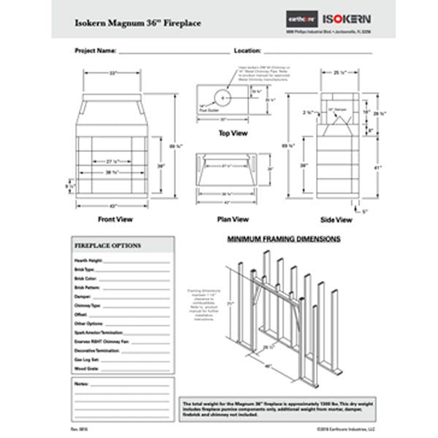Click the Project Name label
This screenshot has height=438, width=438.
click(96, 53)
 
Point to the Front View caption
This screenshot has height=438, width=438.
click(115, 218)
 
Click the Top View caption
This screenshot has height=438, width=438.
click(233, 134)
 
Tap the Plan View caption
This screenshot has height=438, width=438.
click(233, 218)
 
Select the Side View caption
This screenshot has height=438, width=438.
click(337, 218)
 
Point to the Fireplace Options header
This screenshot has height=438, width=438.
click(108, 246)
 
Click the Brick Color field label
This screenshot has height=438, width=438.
click(85, 278)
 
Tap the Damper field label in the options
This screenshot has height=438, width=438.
click(82, 296)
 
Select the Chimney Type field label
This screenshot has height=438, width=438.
click(88, 305)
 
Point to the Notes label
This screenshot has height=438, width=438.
click(80, 383)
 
